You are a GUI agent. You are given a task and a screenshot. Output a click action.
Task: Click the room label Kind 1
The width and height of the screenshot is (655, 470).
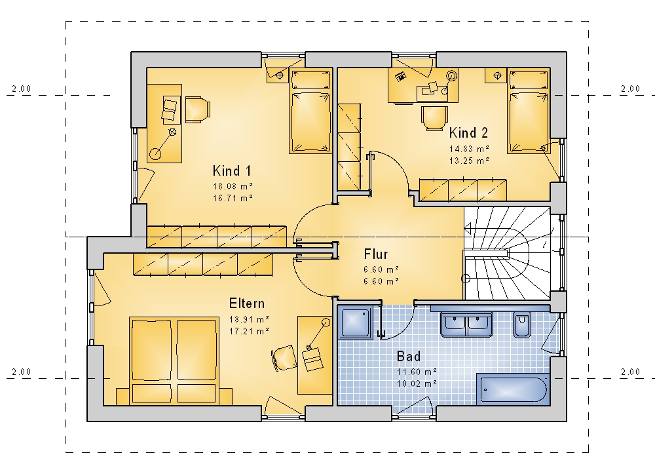click(232, 170)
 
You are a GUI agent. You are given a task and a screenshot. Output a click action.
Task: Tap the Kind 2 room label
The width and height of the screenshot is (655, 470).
click(468, 133)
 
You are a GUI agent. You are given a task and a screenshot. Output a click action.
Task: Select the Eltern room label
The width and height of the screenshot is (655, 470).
click(247, 303)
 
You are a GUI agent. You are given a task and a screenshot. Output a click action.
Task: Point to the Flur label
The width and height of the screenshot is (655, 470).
click(376, 254)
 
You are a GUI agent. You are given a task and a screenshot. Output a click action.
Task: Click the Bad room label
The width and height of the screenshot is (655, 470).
click(409, 356)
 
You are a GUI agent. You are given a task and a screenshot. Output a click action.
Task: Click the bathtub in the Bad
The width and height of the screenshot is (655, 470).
click(513, 389)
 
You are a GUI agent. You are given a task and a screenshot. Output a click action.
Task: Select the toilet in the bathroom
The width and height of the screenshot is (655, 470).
click(522, 324)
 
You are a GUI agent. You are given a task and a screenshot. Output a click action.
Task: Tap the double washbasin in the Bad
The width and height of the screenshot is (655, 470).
click(466, 324)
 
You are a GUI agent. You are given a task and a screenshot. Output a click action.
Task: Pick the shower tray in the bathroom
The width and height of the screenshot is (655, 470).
click(356, 323)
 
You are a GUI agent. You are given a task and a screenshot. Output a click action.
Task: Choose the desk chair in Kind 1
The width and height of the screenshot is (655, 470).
click(197, 109)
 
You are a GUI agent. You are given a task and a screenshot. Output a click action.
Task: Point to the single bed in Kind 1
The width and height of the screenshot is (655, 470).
click(310, 111)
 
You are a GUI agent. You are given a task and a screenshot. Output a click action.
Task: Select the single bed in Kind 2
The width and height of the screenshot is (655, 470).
click(529, 111)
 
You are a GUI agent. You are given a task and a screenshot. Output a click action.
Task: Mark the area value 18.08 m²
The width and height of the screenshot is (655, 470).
click(233, 186)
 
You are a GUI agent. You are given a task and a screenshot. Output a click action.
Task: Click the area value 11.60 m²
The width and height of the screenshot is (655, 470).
click(417, 371)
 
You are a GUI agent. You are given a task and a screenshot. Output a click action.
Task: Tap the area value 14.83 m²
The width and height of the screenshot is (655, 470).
click(469, 148)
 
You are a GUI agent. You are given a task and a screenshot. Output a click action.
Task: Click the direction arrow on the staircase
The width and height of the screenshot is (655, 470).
click(468, 229)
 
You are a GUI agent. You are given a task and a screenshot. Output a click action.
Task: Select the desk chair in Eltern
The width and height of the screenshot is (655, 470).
click(284, 358)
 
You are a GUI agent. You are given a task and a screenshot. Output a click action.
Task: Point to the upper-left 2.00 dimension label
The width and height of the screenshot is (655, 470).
click(22, 88)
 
